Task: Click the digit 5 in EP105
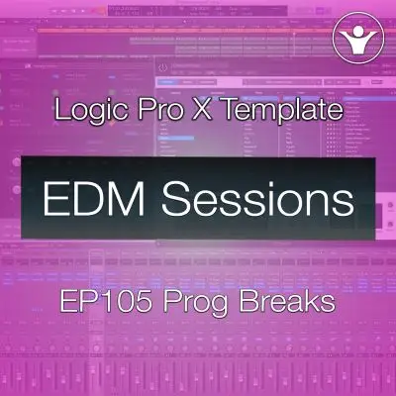point(141,300)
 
